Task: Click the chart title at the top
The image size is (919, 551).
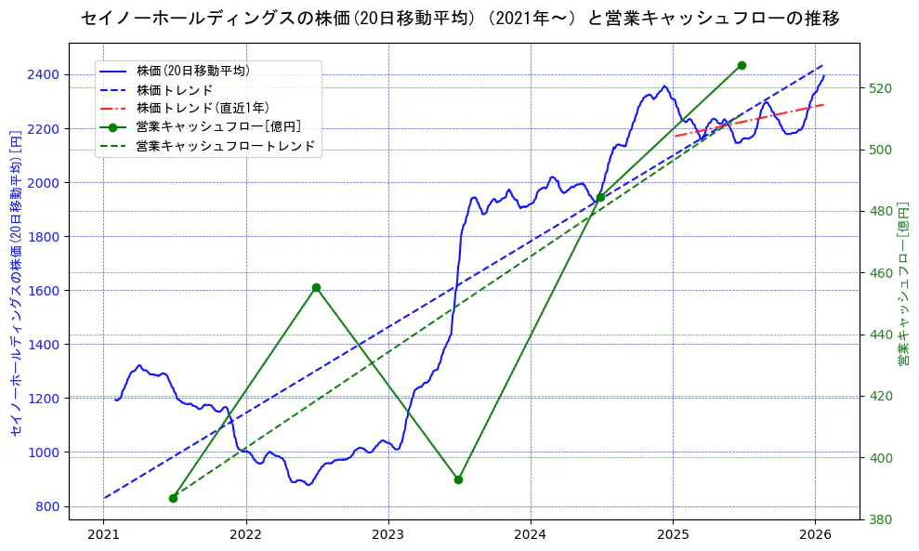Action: (460, 19)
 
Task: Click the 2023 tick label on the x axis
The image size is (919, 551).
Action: (388, 534)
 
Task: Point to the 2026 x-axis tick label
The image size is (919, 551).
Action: (815, 534)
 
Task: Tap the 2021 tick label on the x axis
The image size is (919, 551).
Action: (104, 534)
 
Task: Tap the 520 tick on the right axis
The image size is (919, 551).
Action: (880, 88)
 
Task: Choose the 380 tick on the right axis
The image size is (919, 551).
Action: (880, 519)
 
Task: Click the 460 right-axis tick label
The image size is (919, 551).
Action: (880, 273)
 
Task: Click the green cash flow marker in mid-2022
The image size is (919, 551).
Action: (316, 288)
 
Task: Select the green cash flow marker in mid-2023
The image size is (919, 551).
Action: (458, 479)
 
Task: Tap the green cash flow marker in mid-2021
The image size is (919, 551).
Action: (174, 498)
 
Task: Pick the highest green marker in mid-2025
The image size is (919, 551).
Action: (742, 65)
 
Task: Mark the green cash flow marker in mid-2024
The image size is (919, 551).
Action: (600, 197)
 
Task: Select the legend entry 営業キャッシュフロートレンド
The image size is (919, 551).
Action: (225, 146)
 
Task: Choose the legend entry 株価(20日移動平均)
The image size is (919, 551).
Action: (192, 70)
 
